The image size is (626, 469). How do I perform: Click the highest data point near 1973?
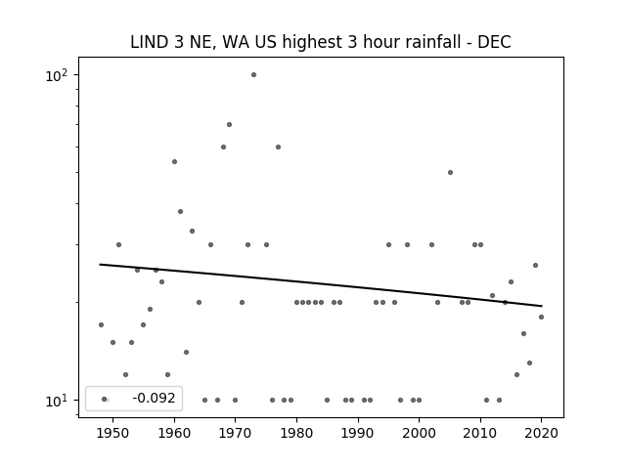[253, 75]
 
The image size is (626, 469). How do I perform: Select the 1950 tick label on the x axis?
[113, 433]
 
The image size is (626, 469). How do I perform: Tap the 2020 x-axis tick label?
[541, 433]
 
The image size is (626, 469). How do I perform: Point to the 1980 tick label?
[296, 433]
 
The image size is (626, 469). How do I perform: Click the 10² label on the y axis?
[57, 75]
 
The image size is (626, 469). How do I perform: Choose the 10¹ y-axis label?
[57, 401]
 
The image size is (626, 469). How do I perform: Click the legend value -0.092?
[154, 398]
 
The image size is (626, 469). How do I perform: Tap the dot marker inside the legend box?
[105, 400]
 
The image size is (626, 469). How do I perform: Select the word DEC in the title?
[494, 42]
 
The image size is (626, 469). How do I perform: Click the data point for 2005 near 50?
[450, 173]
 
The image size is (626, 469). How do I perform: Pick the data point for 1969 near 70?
[229, 125]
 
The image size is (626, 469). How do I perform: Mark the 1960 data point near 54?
[174, 162]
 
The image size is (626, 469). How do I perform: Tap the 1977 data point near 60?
[278, 148]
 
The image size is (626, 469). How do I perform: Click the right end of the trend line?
[542, 306]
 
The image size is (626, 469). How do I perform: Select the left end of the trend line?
[100, 265]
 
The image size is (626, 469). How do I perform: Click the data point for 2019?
[535, 266]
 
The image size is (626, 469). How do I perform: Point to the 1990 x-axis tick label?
[358, 433]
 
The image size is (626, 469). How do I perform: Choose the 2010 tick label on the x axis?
[480, 433]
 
